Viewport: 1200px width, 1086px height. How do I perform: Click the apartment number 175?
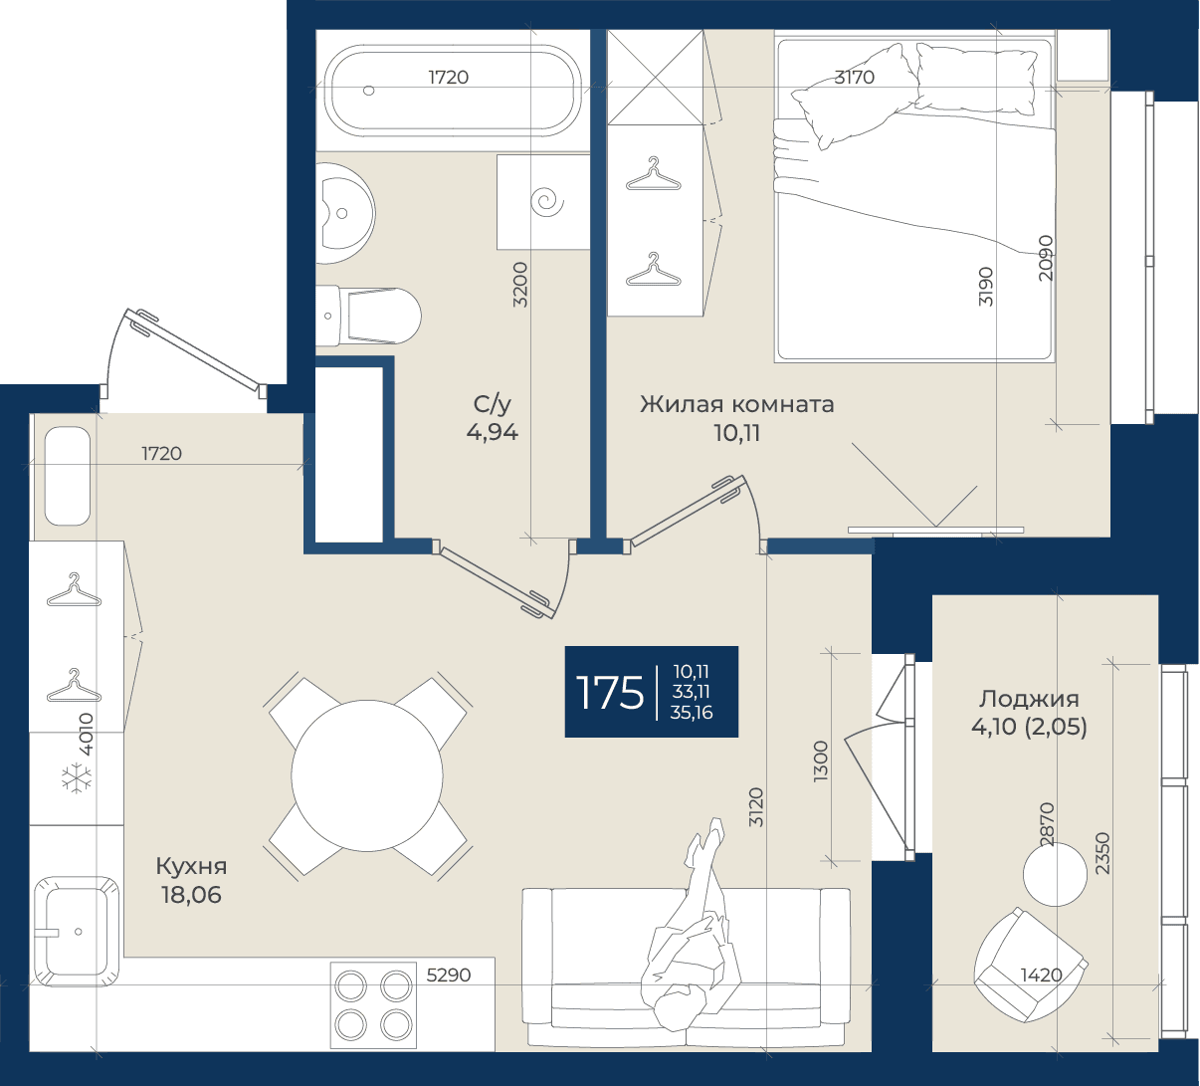(x=610, y=692)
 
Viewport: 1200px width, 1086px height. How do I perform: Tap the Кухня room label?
(x=191, y=866)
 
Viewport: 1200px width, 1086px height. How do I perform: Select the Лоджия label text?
(x=1029, y=699)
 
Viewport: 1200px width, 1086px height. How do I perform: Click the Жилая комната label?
(x=737, y=404)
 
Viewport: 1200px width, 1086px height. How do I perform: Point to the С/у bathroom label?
(x=493, y=404)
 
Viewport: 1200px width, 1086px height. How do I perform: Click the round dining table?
(x=367, y=775)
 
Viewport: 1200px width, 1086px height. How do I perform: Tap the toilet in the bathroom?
(x=368, y=316)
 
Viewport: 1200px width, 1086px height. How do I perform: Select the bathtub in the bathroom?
(x=453, y=91)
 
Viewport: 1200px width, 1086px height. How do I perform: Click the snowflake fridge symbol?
(x=78, y=777)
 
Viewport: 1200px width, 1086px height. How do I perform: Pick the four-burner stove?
(x=374, y=1005)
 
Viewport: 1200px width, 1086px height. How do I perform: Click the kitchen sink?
(x=76, y=932)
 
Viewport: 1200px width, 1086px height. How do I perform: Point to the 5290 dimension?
(x=449, y=976)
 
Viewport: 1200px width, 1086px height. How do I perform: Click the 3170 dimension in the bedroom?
(x=855, y=78)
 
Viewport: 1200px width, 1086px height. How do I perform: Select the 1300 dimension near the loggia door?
(x=821, y=760)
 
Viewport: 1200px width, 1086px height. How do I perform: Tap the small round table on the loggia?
(x=1055, y=874)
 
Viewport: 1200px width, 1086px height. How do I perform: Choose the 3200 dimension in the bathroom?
(x=520, y=285)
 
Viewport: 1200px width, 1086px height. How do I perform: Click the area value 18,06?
(x=191, y=895)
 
